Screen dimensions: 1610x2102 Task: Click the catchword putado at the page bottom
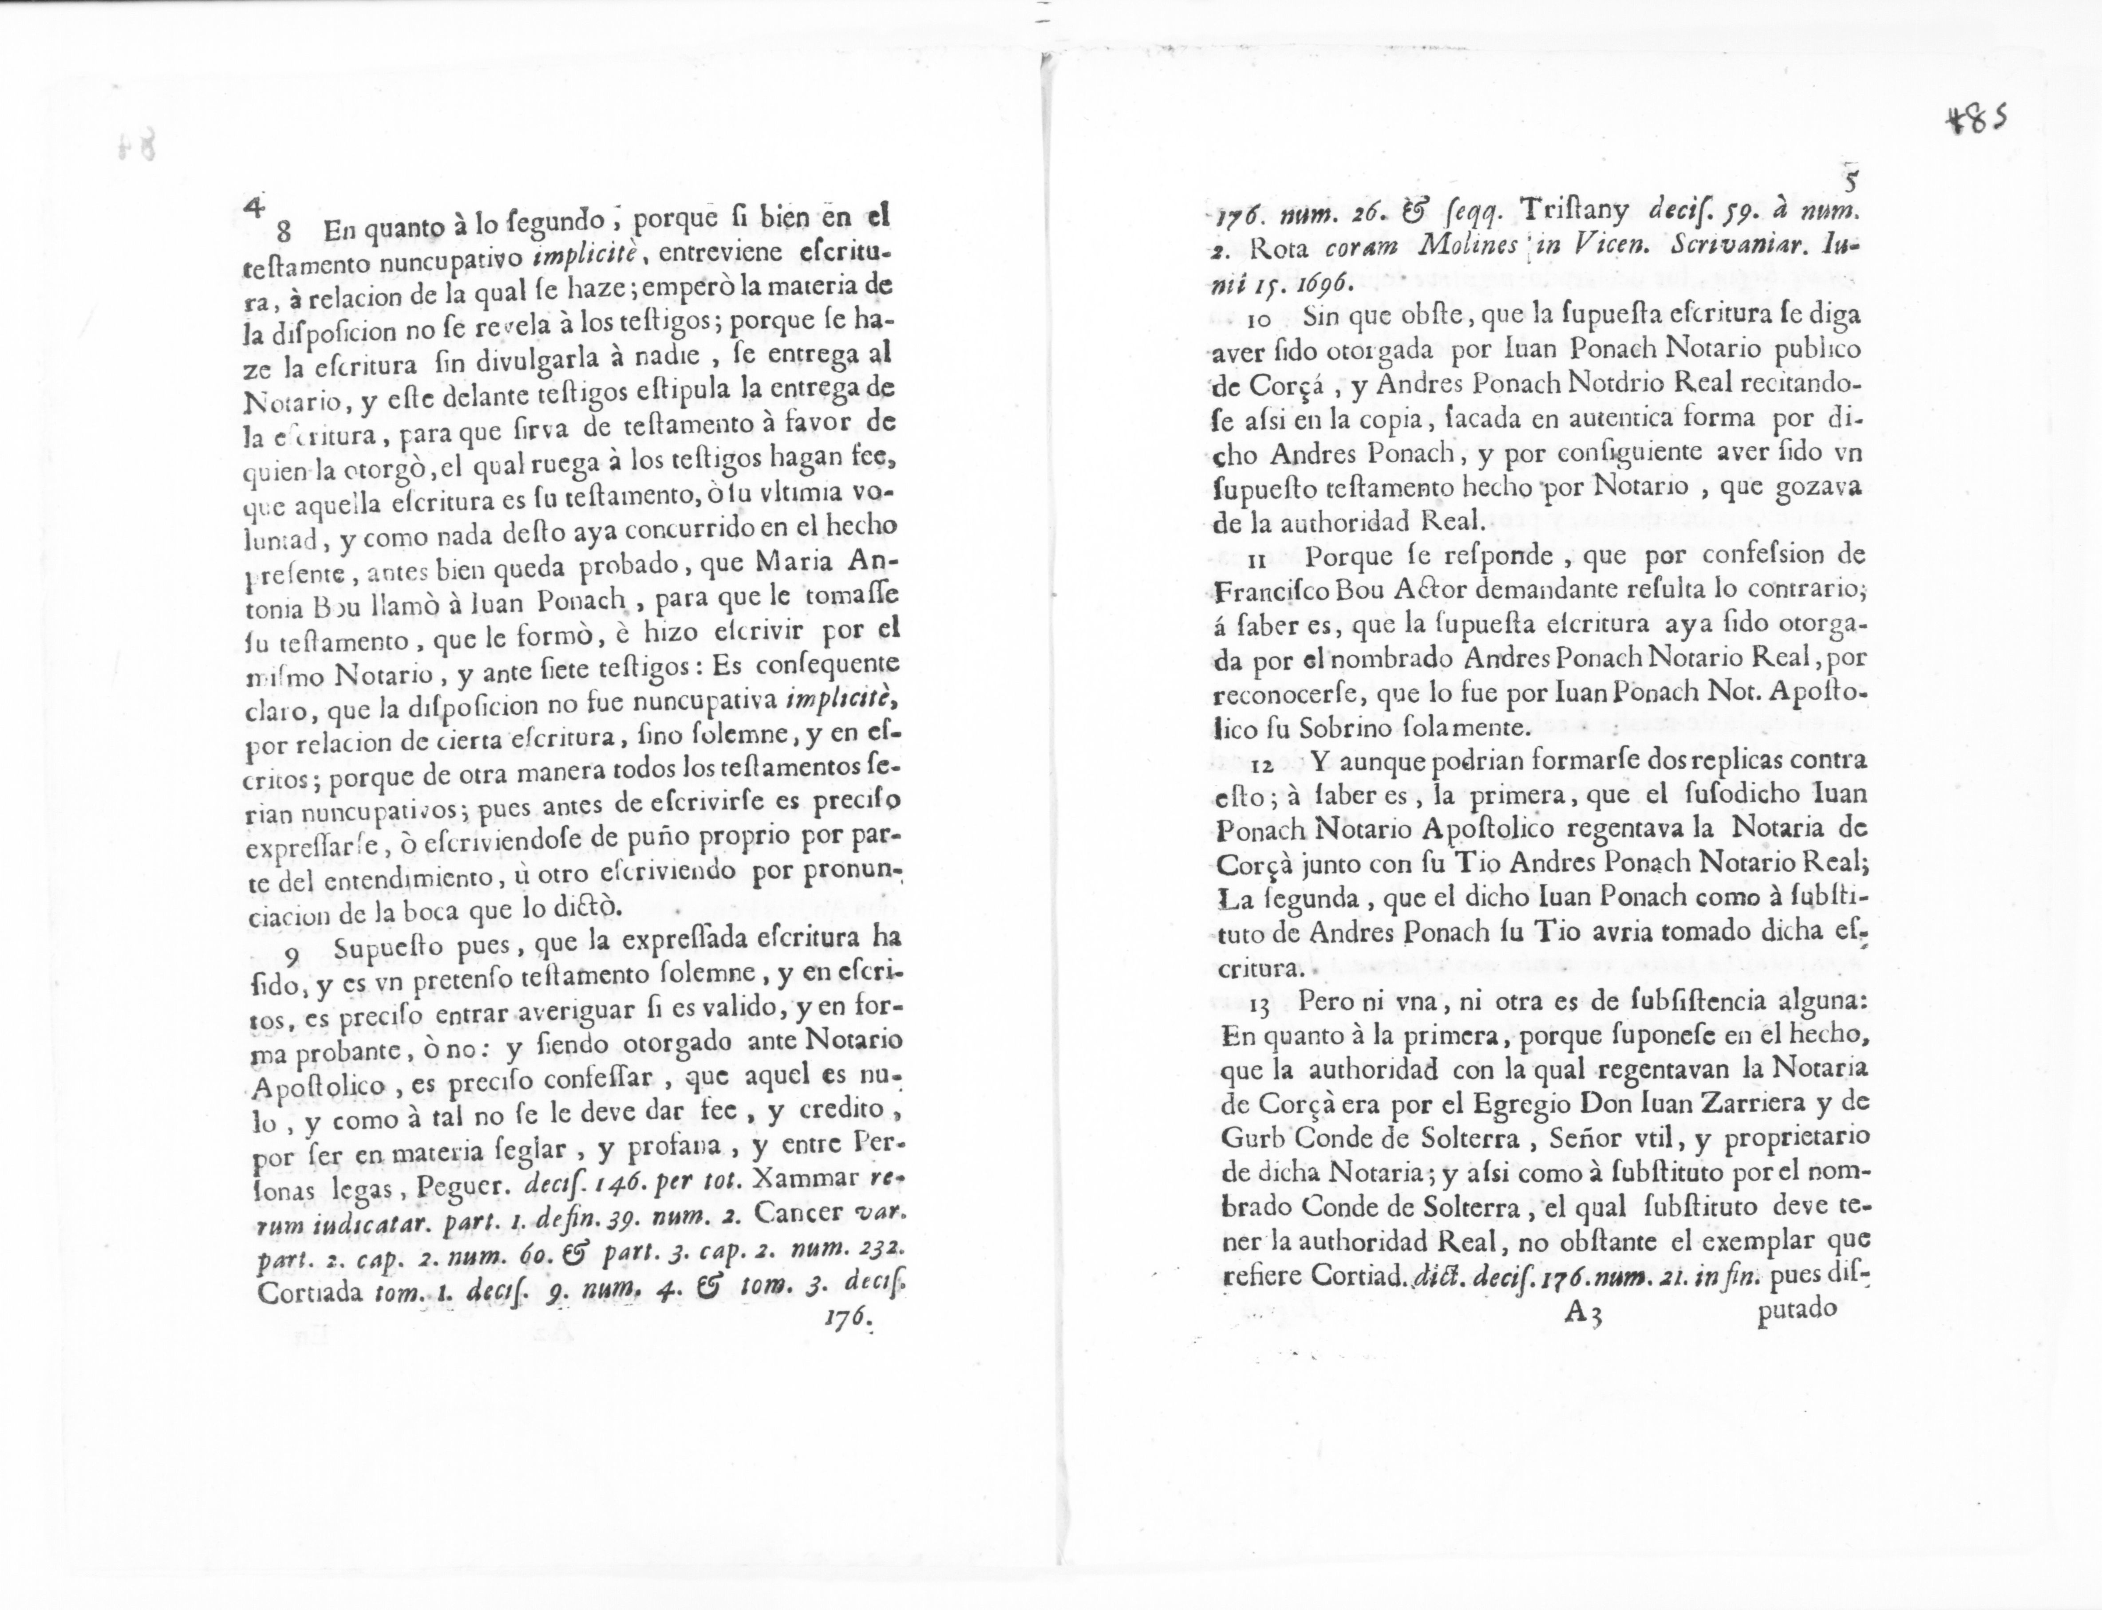[1796, 1307]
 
